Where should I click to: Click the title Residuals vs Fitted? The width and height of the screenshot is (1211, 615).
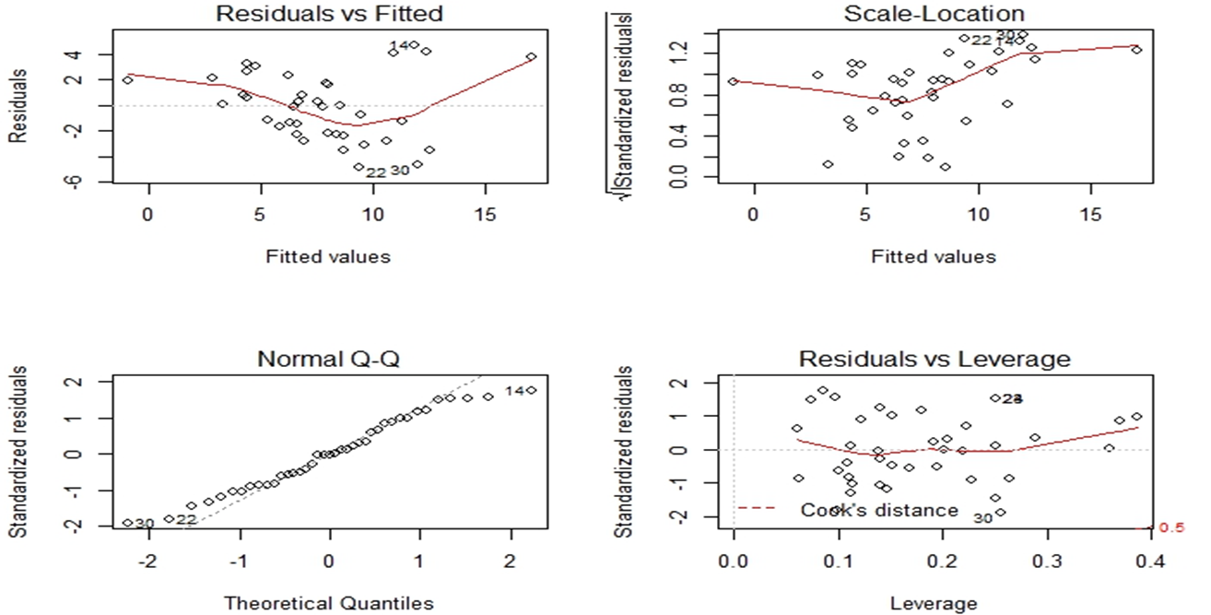click(x=329, y=14)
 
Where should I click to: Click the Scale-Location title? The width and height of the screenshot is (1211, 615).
click(x=934, y=14)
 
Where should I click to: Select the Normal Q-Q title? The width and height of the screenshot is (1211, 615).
click(x=328, y=360)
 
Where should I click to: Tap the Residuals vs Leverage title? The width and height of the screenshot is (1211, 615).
click(x=934, y=360)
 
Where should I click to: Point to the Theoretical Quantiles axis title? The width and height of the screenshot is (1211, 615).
click(x=329, y=604)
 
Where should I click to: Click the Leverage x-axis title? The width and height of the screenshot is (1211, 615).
click(x=934, y=604)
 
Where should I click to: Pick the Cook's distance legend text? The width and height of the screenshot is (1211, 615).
click(x=879, y=510)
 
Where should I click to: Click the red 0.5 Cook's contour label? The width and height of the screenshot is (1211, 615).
click(x=1170, y=527)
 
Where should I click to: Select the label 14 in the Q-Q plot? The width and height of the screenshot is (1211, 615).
click(x=514, y=391)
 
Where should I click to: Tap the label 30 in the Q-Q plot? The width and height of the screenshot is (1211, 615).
click(x=145, y=524)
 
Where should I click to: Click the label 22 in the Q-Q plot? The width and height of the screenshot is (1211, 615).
click(x=186, y=520)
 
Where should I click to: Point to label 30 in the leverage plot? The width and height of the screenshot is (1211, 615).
click(x=982, y=518)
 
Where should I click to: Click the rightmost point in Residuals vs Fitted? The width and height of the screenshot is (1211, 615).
click(x=531, y=57)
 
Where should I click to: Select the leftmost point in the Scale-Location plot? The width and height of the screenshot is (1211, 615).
click(x=733, y=81)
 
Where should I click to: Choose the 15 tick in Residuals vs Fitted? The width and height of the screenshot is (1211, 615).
click(x=486, y=216)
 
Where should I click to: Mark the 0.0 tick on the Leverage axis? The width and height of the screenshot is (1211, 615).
click(x=733, y=562)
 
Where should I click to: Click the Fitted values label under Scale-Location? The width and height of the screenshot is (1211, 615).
click(x=934, y=257)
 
